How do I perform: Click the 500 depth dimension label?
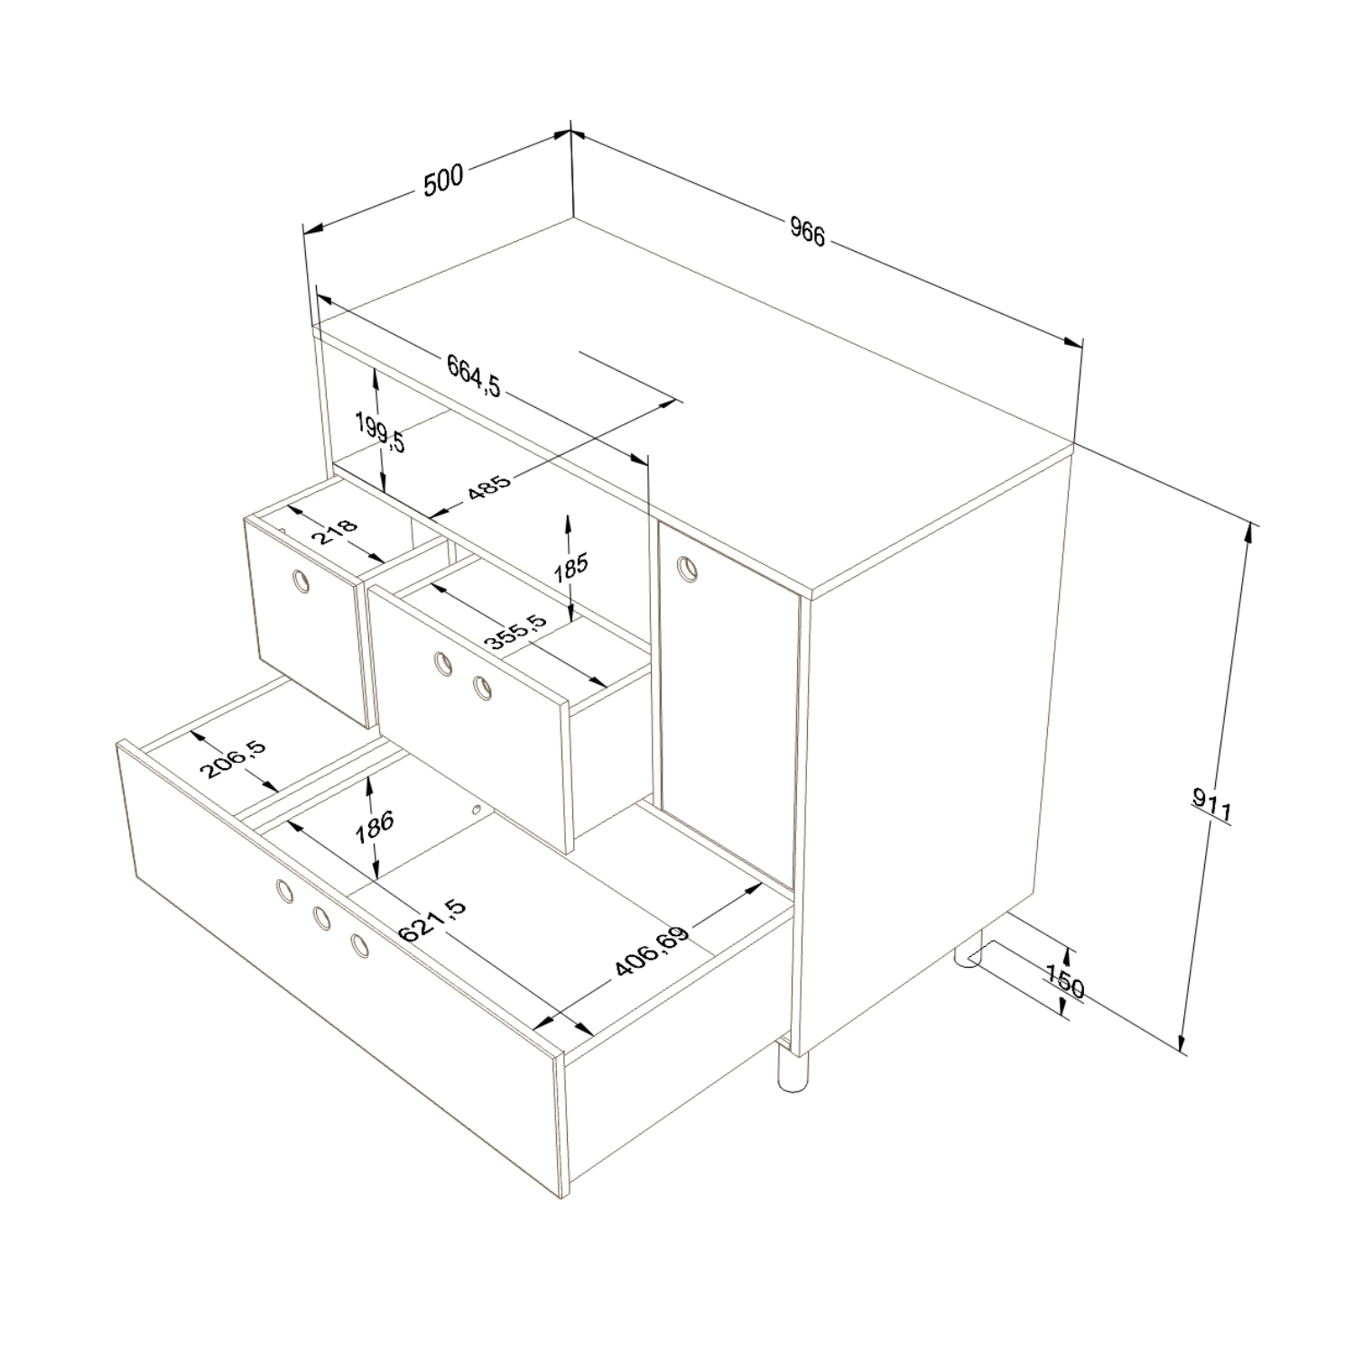click(443, 180)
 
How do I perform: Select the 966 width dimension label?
click(807, 232)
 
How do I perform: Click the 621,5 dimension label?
click(432, 921)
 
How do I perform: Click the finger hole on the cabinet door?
click(689, 567)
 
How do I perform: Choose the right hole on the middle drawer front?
click(483, 689)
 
